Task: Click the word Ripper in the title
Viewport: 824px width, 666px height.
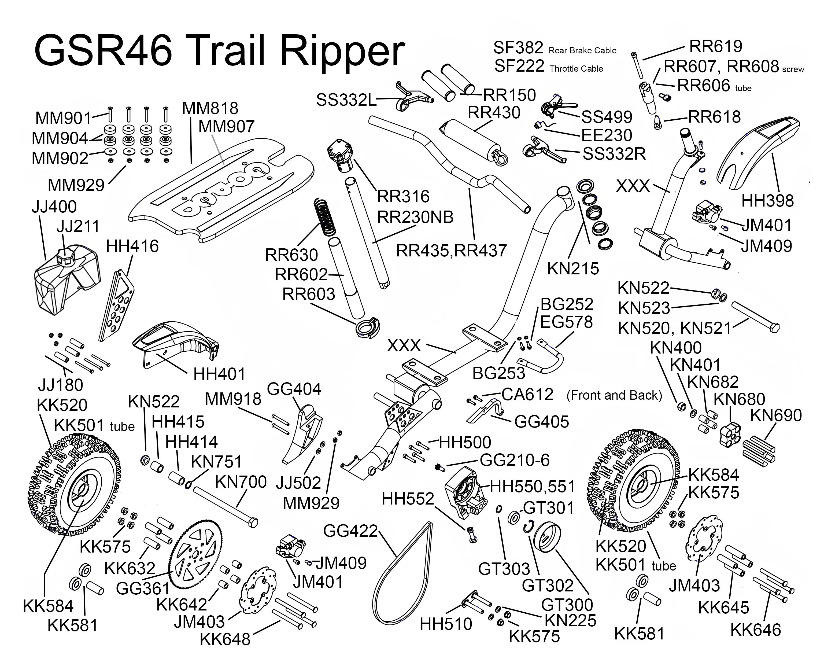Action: [342, 51]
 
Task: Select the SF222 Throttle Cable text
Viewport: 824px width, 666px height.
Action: [548, 67]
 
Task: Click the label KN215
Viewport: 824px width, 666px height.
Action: [573, 268]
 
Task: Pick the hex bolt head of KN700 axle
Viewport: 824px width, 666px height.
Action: [253, 522]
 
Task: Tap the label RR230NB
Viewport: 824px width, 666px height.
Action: [415, 217]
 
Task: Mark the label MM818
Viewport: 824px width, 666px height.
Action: [210, 109]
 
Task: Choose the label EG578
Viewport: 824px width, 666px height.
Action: [566, 322]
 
